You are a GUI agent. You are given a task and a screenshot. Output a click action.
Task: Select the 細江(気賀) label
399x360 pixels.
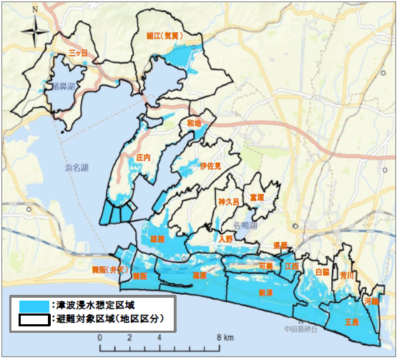(169, 34)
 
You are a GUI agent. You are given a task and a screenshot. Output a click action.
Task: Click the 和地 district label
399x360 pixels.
(193, 123)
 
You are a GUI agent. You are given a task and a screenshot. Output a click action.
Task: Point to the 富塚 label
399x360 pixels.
(257, 197)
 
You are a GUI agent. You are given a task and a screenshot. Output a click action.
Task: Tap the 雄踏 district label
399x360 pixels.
(158, 238)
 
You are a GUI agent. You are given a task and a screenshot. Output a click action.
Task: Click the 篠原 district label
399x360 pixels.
(199, 275)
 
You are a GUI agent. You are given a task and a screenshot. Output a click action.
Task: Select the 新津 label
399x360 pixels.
(265, 293)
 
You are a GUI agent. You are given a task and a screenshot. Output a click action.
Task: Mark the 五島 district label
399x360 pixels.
(351, 321)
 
